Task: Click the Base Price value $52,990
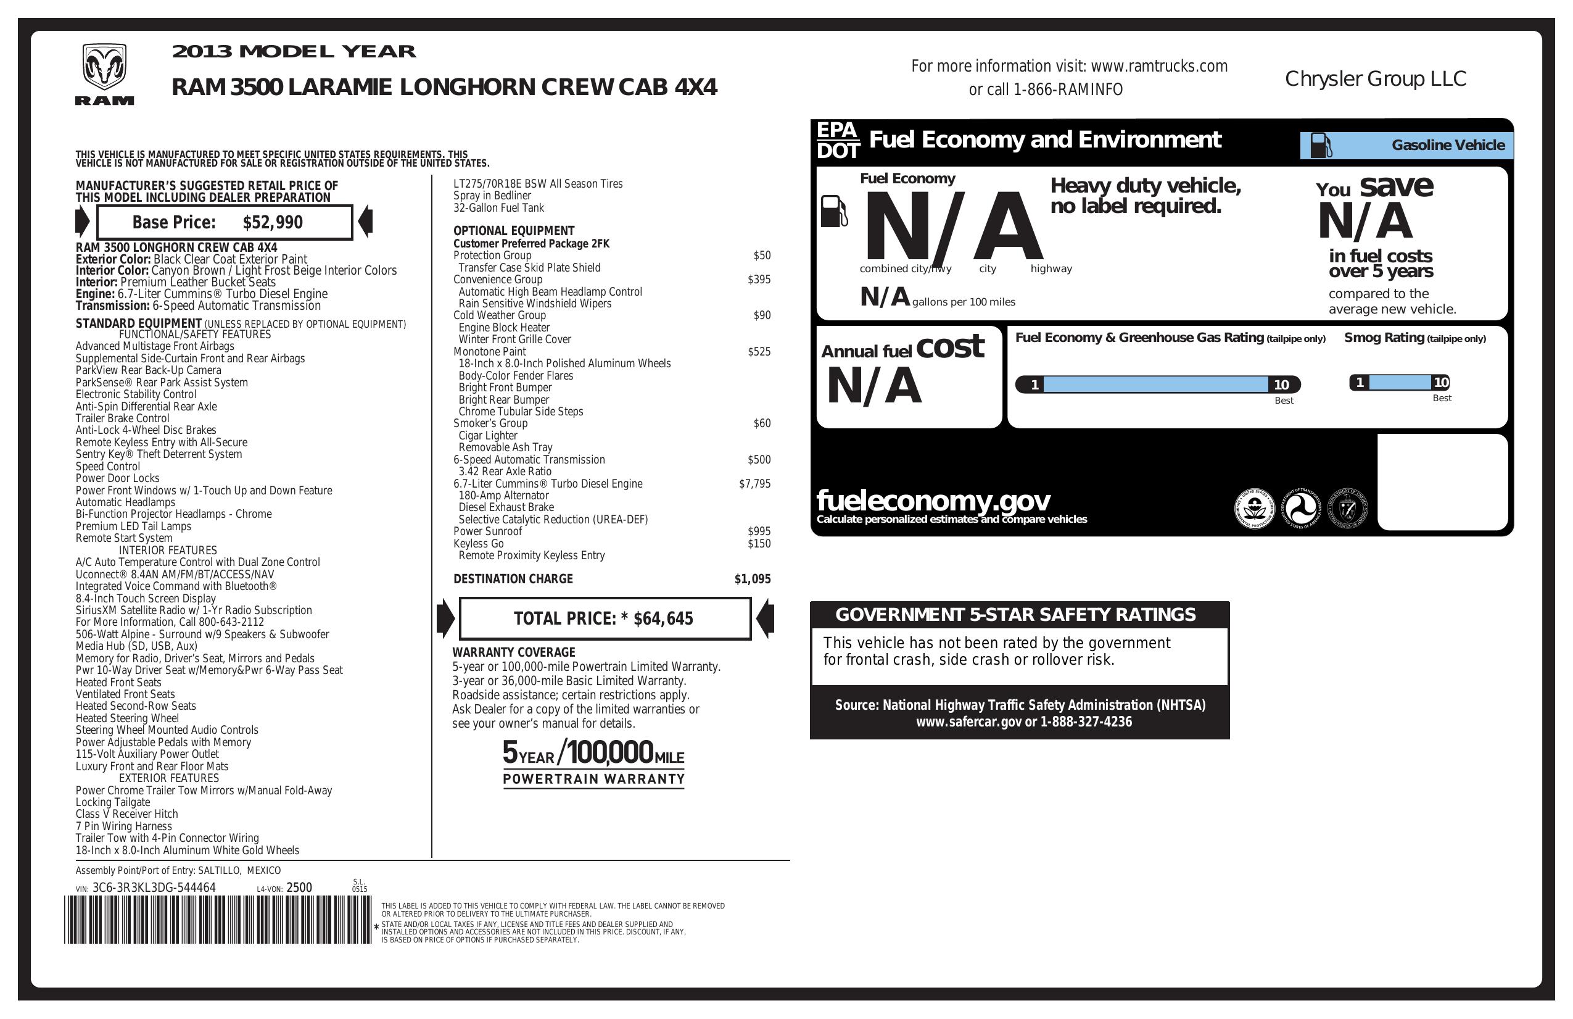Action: pyautogui.click(x=272, y=223)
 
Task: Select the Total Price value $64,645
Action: pyautogui.click(x=663, y=619)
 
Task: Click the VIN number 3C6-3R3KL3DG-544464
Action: pyautogui.click(x=154, y=888)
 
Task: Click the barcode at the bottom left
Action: pyautogui.click(x=218, y=920)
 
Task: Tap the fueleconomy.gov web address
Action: pyautogui.click(x=933, y=501)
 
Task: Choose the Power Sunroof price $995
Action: pyautogui.click(x=759, y=531)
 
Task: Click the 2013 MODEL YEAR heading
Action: pyautogui.click(x=294, y=52)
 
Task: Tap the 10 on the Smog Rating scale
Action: pyautogui.click(x=1441, y=383)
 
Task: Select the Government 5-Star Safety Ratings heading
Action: pyautogui.click(x=1015, y=615)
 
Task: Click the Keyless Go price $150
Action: pyautogui.click(x=759, y=544)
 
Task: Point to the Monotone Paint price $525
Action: pyautogui.click(x=759, y=352)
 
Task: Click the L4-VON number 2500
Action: pyautogui.click(x=299, y=888)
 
